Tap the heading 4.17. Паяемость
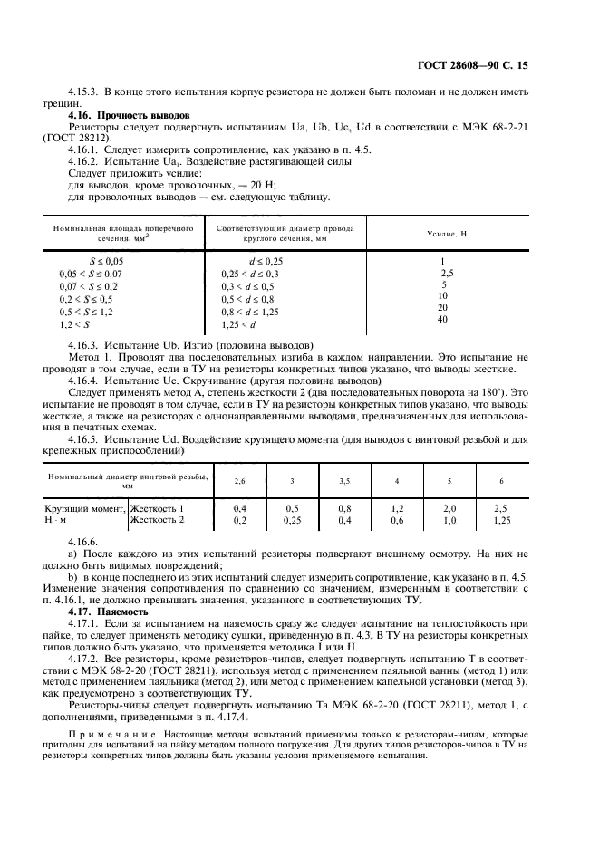coord(109,612)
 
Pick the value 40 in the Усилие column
coord(442,320)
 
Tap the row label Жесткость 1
coord(157,510)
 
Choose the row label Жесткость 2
coord(157,522)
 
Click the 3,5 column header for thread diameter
coord(344,480)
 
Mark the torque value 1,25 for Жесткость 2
coord(501,522)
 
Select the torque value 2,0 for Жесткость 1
coord(449,510)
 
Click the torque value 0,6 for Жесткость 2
coord(397,522)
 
